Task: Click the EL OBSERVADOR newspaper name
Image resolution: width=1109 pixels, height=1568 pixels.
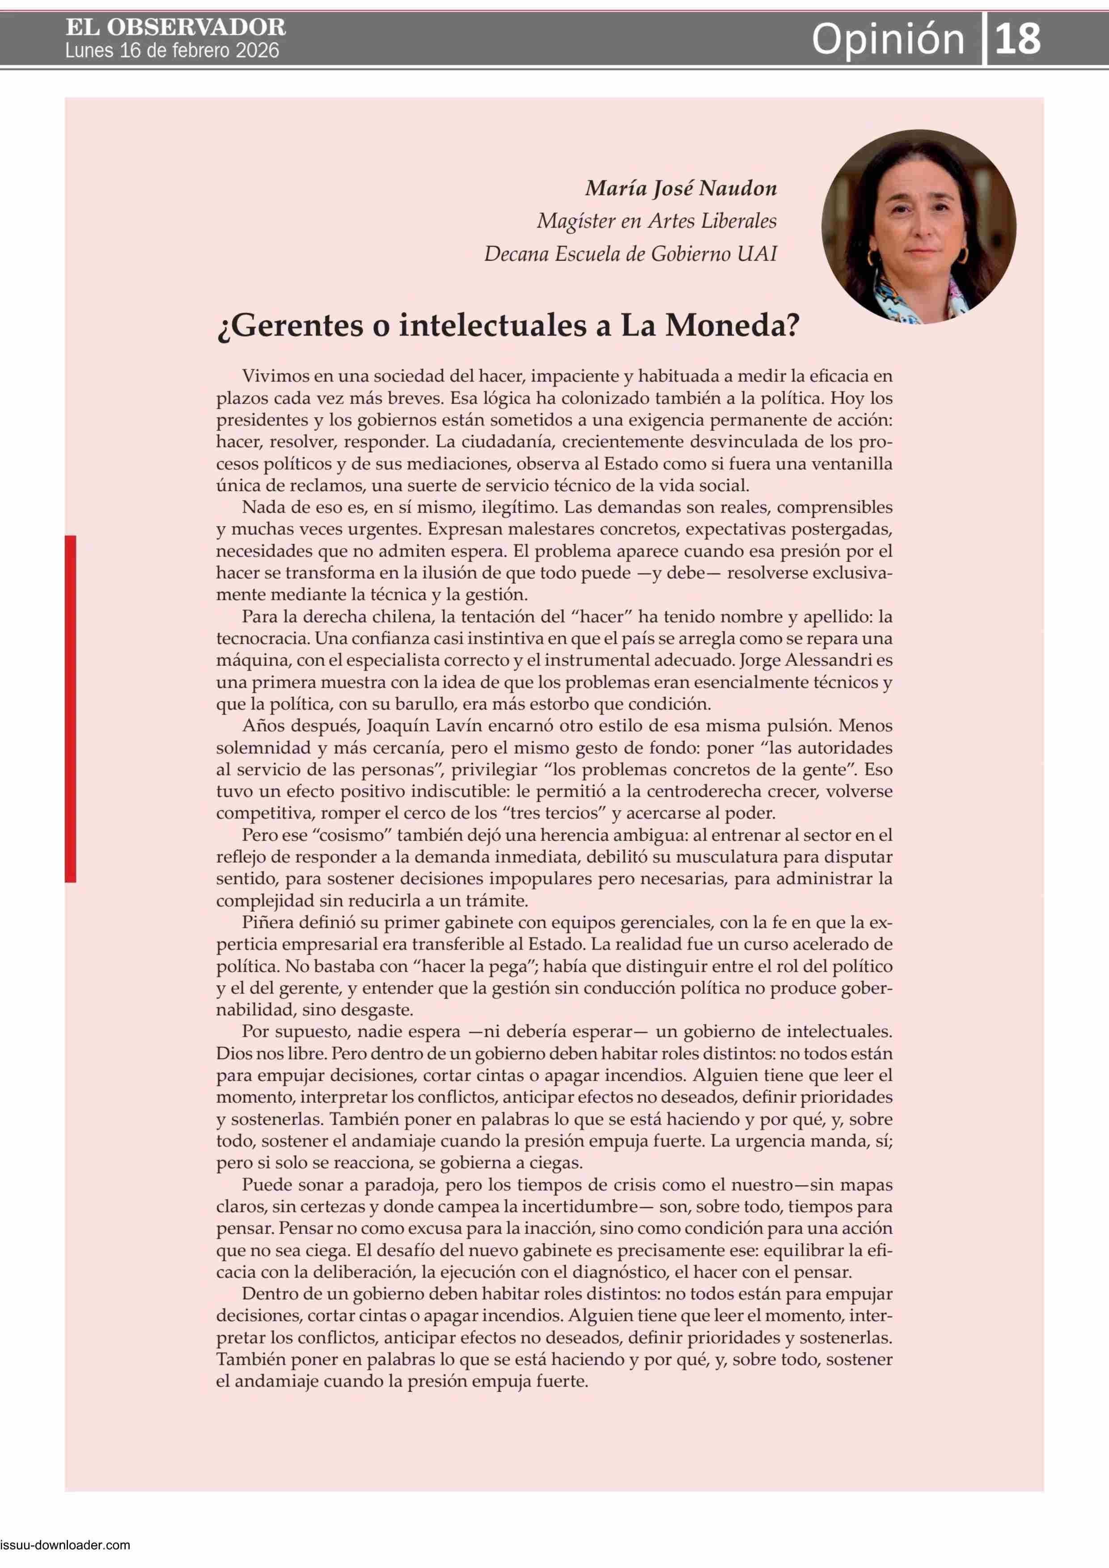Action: click(176, 27)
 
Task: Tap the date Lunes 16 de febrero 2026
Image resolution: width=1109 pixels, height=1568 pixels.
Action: click(172, 51)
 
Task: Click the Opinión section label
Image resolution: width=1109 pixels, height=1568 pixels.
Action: click(888, 39)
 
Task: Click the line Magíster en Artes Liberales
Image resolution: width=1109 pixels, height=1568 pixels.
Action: click(656, 221)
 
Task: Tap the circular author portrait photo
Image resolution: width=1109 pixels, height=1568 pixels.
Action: click(919, 227)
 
